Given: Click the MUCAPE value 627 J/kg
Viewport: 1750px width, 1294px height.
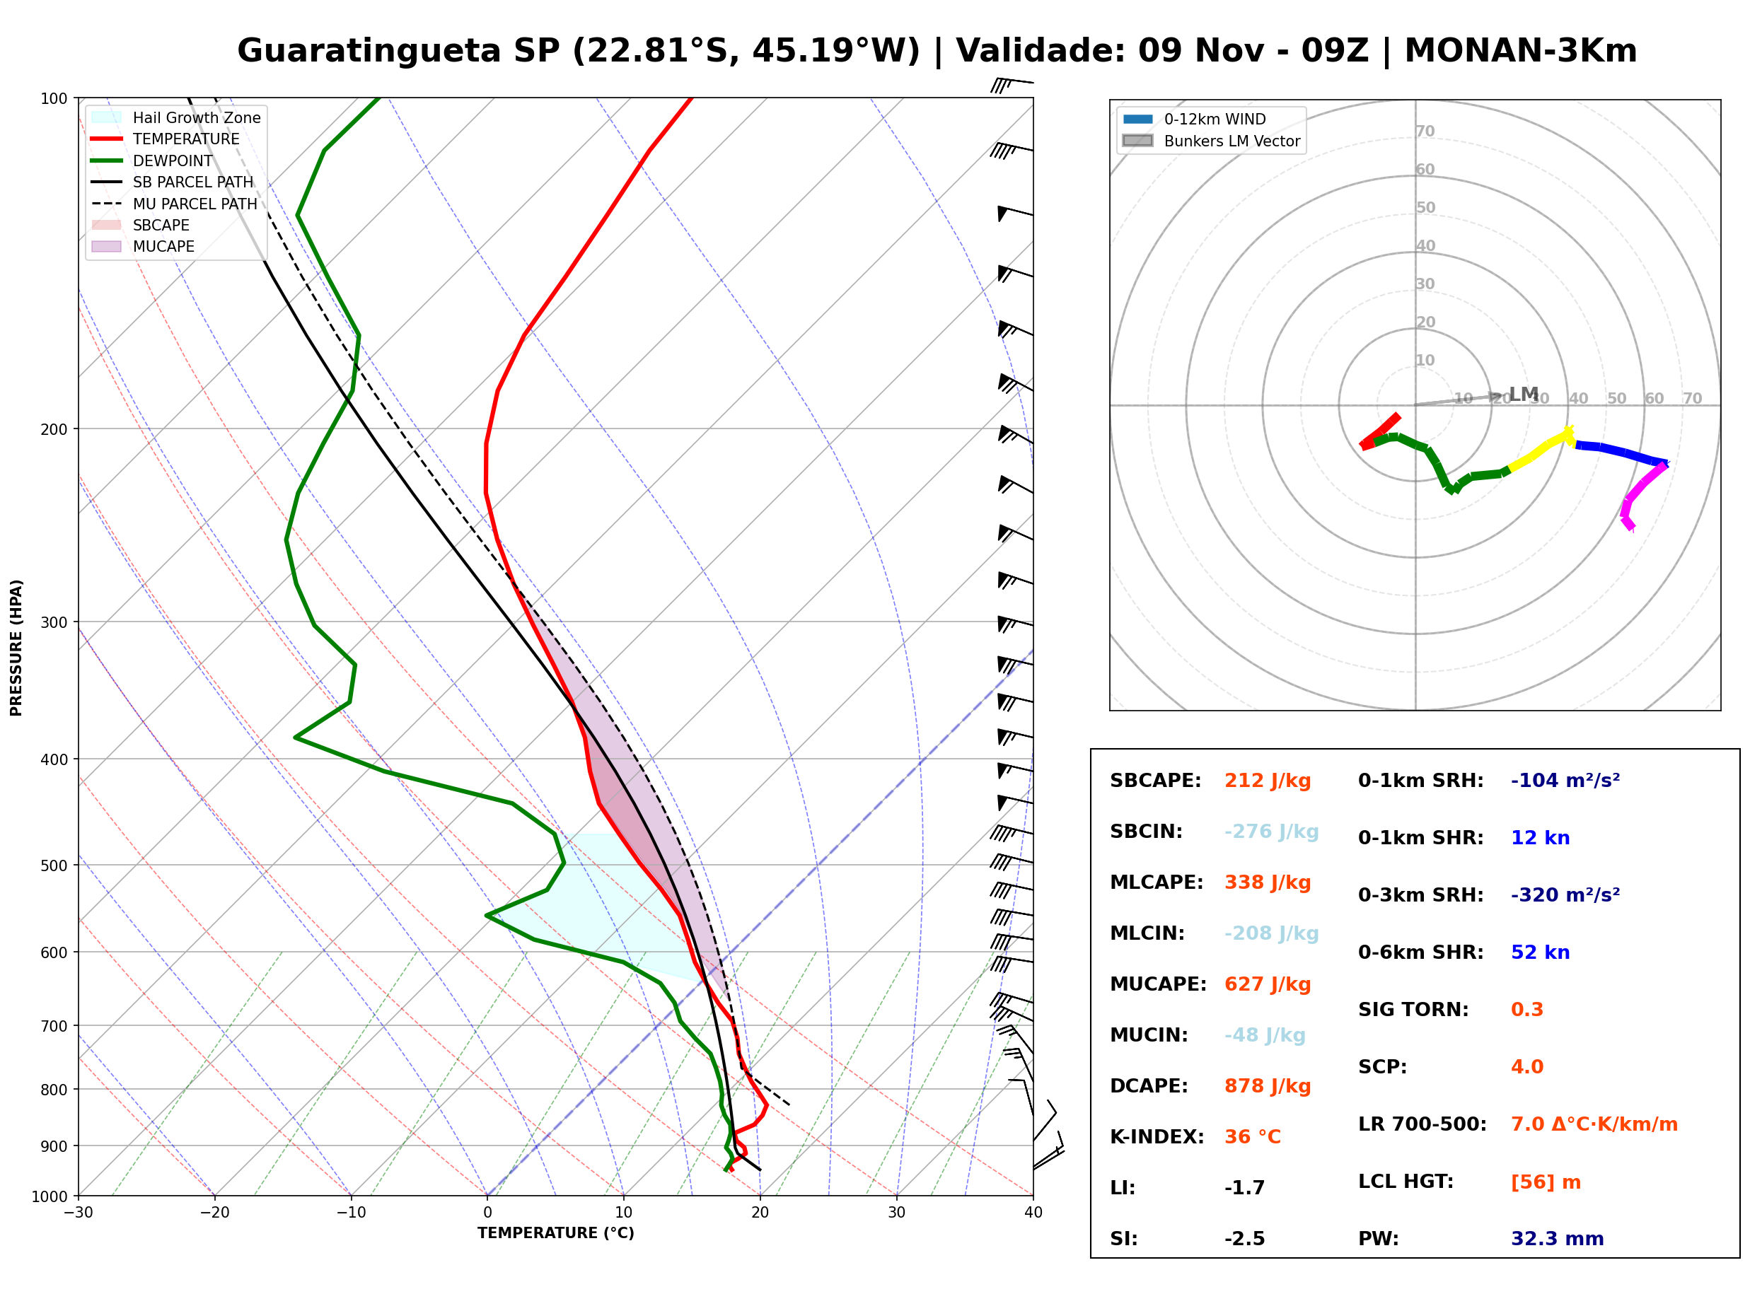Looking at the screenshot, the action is coord(1267,984).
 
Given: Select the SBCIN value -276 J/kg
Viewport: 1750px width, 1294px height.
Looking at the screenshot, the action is coord(1270,831).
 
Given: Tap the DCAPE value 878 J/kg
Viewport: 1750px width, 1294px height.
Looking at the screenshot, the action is coord(1267,1085).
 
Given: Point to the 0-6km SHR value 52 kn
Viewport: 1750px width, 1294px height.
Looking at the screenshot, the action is coord(1540,952).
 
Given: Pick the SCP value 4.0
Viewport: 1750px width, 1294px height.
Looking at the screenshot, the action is coord(1526,1066).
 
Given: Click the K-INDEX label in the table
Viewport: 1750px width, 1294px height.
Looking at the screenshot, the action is coord(1157,1136).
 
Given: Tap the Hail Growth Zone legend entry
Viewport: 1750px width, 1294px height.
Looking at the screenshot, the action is coord(176,117).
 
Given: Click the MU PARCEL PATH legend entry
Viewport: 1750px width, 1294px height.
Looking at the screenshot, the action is coord(175,204).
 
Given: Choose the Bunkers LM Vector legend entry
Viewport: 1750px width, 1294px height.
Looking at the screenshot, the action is coord(1211,141).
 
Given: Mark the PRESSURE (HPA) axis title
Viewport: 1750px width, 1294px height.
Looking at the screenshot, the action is coord(16,647).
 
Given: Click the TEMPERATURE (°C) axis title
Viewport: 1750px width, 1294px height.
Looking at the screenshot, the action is coord(555,1233).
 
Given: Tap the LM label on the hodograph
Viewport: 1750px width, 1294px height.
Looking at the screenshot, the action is coord(1524,394).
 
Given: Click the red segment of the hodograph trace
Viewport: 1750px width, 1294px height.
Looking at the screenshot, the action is coord(1379,431).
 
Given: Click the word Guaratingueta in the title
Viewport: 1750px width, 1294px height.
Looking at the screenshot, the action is coord(369,51).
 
